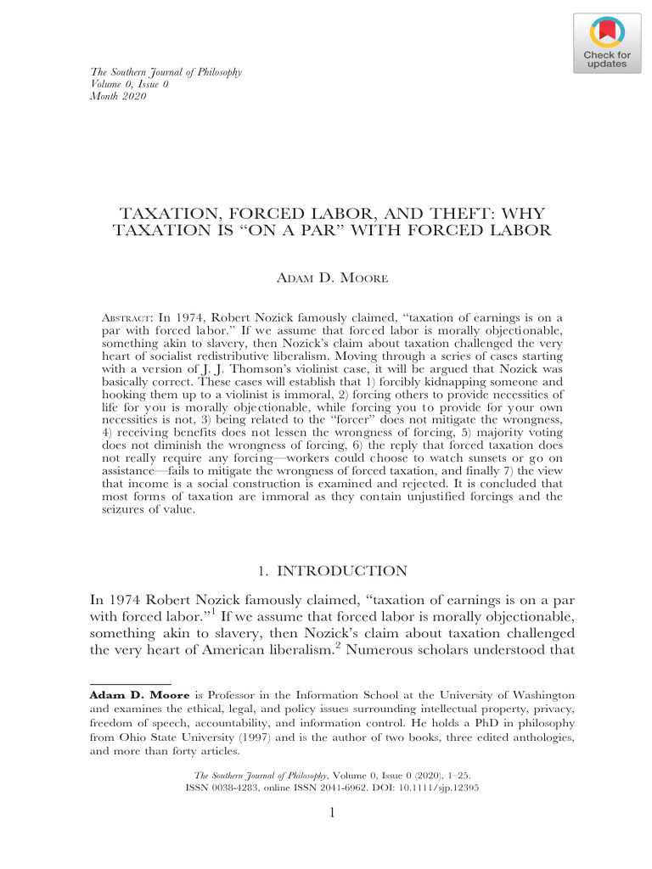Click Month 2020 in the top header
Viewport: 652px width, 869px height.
119,96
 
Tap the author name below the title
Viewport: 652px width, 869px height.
332,279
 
